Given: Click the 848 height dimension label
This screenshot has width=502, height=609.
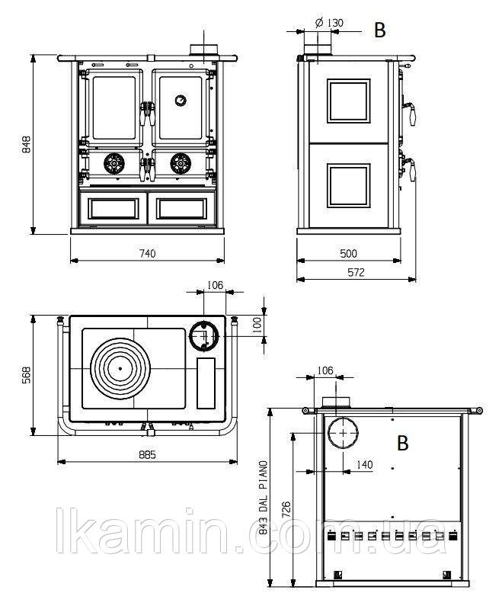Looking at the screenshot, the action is pyautogui.click(x=27, y=145).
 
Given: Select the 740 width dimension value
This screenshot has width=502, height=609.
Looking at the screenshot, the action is pyautogui.click(x=148, y=254).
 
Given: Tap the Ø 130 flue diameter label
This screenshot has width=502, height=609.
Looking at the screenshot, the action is pyautogui.click(x=329, y=23).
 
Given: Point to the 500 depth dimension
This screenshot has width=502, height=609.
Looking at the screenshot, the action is pyautogui.click(x=348, y=254).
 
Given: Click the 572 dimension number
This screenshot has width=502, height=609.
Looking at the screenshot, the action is pyautogui.click(x=356, y=272).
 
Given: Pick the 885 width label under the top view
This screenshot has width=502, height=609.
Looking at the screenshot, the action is pyautogui.click(x=148, y=454).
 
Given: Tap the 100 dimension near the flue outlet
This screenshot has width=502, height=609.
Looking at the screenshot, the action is pyautogui.click(x=257, y=325).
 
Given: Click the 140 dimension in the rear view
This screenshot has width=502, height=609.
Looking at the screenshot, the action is pyautogui.click(x=364, y=464).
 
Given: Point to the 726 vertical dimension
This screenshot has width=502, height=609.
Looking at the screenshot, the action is pyautogui.click(x=286, y=510).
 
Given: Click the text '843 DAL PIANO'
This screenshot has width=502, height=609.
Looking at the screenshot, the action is pyautogui.click(x=264, y=498).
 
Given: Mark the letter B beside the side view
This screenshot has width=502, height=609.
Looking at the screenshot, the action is pyautogui.click(x=379, y=30).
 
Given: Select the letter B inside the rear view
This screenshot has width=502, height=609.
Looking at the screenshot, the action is pyautogui.click(x=403, y=443).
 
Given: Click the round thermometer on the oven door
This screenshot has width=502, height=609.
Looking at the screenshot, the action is pyautogui.click(x=180, y=100).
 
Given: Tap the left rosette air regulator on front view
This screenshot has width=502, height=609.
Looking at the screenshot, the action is pyautogui.click(x=114, y=163).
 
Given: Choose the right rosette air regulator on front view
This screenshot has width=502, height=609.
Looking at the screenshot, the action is pyautogui.click(x=181, y=163).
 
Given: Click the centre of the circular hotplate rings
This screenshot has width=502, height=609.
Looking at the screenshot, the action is pyautogui.click(x=120, y=368).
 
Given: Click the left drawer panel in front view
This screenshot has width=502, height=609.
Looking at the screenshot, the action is pyautogui.click(x=114, y=209).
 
